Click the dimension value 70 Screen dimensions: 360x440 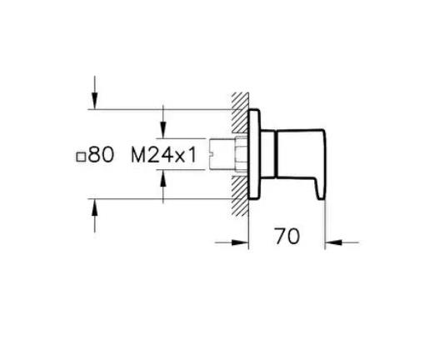tap(287, 237)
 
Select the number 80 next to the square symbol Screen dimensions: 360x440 tap(101, 154)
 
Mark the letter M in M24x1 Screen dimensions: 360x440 tap(138, 154)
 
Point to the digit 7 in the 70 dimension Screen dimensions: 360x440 tap(279, 237)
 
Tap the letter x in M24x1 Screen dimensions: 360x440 tap(176, 156)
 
